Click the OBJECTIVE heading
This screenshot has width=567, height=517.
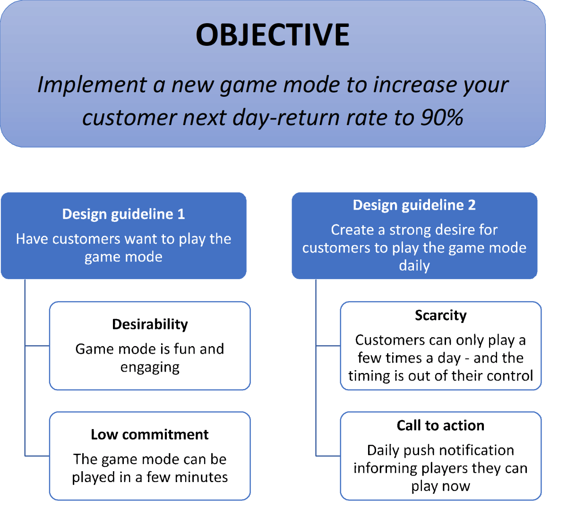coord(273,35)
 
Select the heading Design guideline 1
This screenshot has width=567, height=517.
coord(123,214)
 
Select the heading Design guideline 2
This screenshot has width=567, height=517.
coord(414,205)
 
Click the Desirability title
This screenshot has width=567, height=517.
coord(150,324)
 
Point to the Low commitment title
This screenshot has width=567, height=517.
coord(149,434)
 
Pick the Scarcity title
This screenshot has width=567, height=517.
coord(440,315)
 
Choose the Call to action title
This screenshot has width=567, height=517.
coord(440,425)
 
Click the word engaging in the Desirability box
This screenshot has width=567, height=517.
coord(150,367)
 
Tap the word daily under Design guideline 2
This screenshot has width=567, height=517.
coord(414,266)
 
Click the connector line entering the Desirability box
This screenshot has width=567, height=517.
coord(37,346)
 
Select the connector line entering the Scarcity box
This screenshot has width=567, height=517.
coord(328,346)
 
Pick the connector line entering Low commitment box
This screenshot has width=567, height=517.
coord(37,456)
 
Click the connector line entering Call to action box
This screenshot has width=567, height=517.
coord(328,456)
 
